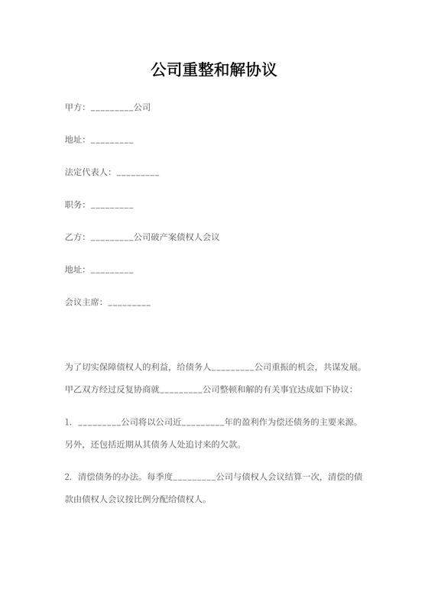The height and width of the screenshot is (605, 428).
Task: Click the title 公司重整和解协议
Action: click(x=213, y=70)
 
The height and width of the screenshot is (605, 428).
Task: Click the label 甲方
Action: click(x=75, y=108)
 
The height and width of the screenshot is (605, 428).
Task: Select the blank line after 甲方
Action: click(x=112, y=109)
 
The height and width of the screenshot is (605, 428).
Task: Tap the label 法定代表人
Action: click(x=88, y=173)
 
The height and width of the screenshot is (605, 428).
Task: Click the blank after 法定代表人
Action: click(x=138, y=174)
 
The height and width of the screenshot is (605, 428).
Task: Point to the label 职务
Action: click(x=75, y=205)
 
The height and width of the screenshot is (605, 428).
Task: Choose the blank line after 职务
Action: click(x=112, y=206)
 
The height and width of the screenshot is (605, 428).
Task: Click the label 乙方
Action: click(x=75, y=237)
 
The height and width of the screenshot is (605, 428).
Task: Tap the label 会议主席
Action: click(x=83, y=302)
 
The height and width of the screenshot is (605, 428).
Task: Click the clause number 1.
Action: click(x=68, y=422)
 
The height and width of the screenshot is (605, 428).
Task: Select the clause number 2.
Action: click(x=68, y=477)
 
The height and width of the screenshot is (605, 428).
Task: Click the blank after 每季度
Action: click(x=194, y=479)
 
